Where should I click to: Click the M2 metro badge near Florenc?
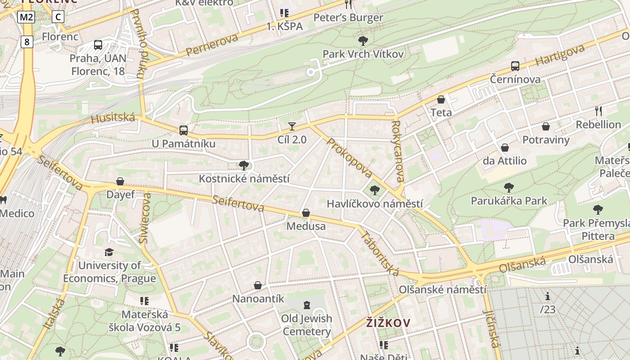point(26,17)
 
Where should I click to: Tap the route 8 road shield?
point(27,42)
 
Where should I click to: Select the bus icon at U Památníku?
point(183,130)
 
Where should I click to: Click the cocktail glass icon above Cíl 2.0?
point(292,126)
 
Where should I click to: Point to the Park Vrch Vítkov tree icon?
point(363,41)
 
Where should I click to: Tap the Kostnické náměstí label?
point(244,179)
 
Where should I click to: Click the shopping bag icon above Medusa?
point(306,212)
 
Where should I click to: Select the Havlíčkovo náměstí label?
point(374,203)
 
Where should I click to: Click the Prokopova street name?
point(350,158)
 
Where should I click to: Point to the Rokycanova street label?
point(396,151)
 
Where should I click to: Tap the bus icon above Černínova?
point(515,66)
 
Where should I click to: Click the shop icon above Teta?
point(441,99)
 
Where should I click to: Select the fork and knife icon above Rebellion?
point(598,111)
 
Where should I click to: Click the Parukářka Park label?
point(508,200)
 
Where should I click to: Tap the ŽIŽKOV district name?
point(388,323)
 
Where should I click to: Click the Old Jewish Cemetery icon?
point(307,305)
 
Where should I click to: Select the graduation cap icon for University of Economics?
point(109,252)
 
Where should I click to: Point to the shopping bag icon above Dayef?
point(120,181)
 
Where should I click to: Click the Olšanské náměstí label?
point(442,289)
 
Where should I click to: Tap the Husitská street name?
point(113,118)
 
